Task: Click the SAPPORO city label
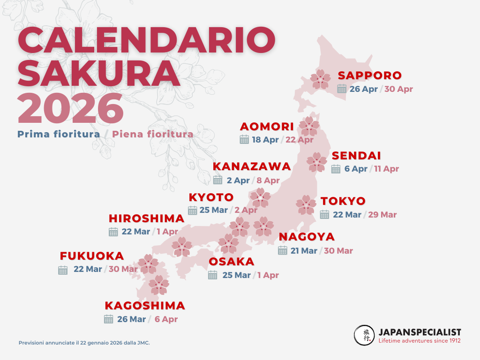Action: pyautogui.click(x=370, y=75)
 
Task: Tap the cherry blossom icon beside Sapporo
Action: pyautogui.click(x=321, y=79)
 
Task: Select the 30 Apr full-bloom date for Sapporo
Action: pyautogui.click(x=398, y=89)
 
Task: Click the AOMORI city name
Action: pyautogui.click(x=267, y=127)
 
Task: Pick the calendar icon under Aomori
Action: pyautogui.click(x=244, y=139)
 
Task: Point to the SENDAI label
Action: pyautogui.click(x=356, y=156)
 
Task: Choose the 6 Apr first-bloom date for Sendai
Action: pyautogui.click(x=356, y=169)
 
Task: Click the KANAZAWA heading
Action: pyautogui.click(x=252, y=167)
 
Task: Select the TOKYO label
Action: pyautogui.click(x=343, y=201)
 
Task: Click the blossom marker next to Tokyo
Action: pyautogui.click(x=306, y=205)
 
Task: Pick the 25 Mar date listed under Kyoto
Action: pyautogui.click(x=213, y=210)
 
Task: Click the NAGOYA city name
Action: pyautogui.click(x=307, y=237)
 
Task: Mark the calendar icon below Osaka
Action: pyautogui.click(x=213, y=275)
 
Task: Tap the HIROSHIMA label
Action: pyautogui.click(x=146, y=218)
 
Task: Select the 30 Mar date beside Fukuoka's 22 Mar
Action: pyautogui.click(x=123, y=269)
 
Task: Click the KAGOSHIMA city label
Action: pyautogui.click(x=145, y=306)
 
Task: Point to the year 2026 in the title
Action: pyautogui.click(x=70, y=108)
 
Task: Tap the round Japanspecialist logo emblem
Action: pyautogui.click(x=364, y=335)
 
